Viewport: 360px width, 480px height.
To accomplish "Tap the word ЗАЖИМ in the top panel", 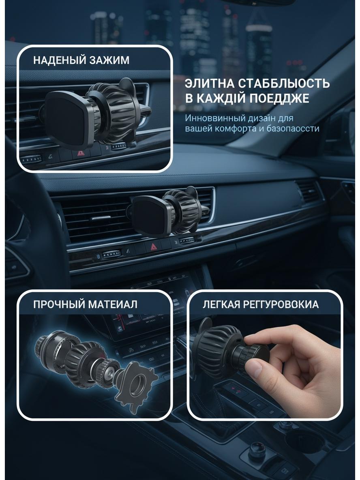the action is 109,60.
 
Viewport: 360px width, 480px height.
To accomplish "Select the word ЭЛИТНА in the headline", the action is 209,83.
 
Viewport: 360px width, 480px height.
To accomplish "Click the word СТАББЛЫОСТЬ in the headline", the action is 284,83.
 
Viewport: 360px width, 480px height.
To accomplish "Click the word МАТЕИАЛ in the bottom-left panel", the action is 113,304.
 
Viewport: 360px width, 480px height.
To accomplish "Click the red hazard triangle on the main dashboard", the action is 154,246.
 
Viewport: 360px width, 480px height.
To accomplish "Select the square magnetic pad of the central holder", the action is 149,216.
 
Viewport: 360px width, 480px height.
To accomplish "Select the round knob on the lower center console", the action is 256,450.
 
